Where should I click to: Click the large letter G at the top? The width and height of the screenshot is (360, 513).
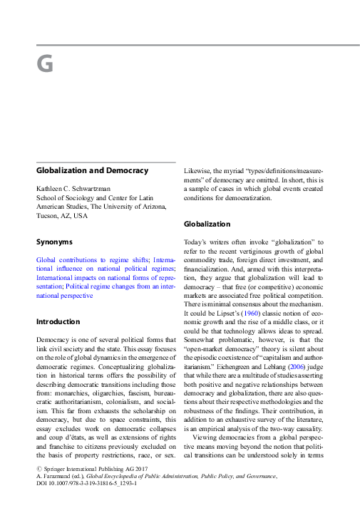pos(45,64)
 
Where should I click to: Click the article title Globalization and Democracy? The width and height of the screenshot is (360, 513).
pos(92,171)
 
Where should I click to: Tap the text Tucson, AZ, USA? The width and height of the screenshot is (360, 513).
pos(62,215)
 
